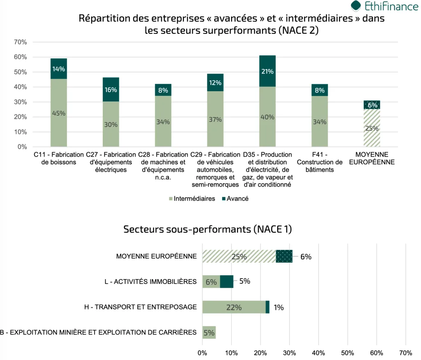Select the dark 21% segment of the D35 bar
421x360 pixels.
click(267, 71)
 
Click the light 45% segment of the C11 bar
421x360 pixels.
click(59, 113)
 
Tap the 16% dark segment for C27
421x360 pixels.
click(111, 90)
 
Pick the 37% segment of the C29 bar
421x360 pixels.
click(215, 119)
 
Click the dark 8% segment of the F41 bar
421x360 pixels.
click(319, 90)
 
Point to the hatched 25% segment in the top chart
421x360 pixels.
click(372, 128)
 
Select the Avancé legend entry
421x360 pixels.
click(235, 198)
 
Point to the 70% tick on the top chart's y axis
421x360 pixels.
click(20, 42)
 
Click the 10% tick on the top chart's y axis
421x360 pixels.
click(20, 132)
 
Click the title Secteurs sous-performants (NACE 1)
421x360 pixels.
click(208, 229)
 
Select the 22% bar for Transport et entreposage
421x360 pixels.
click(234, 307)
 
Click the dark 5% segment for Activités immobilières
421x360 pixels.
click(227, 282)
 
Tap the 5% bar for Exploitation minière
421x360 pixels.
click(209, 332)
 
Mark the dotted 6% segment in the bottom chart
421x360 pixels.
click(284, 256)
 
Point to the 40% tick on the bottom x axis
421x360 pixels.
click(319, 353)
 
